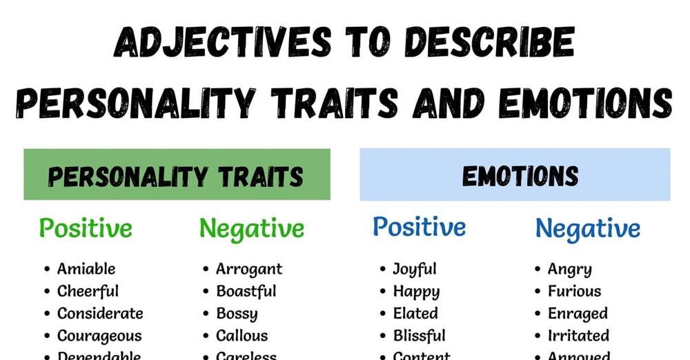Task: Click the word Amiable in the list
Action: click(86, 269)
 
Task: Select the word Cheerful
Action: click(88, 291)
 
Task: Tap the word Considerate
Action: click(100, 314)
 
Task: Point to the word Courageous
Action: click(99, 336)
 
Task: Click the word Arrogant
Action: click(249, 269)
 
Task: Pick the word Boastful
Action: click(246, 291)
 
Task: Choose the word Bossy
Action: click(237, 314)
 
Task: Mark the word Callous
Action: click(242, 336)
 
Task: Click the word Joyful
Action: click(415, 269)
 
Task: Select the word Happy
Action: click(416, 292)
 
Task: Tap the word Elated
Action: click(415, 314)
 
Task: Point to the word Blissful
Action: click(420, 336)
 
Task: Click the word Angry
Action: click(570, 270)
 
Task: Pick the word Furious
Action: click(575, 291)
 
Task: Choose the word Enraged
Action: click(578, 314)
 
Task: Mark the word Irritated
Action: click(579, 336)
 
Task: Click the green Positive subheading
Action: click(86, 228)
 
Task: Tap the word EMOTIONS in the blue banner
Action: click(520, 177)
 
